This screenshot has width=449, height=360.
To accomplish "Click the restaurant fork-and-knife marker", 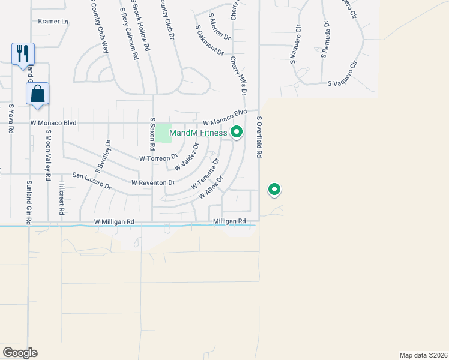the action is pos(23,53).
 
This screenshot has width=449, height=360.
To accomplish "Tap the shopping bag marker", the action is pos(37,94).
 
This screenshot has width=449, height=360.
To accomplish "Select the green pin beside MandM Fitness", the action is pos(237,132).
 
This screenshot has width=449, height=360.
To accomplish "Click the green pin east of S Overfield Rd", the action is pos(274,190).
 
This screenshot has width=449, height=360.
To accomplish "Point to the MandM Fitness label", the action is pos(198,133).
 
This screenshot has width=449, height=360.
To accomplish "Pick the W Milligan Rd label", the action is pos(114,222).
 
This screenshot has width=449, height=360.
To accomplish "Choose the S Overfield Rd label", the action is pos(259,137).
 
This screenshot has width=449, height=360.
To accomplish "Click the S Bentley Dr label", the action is pos(104,155).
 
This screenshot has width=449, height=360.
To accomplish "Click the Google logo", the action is pos(20,353).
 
